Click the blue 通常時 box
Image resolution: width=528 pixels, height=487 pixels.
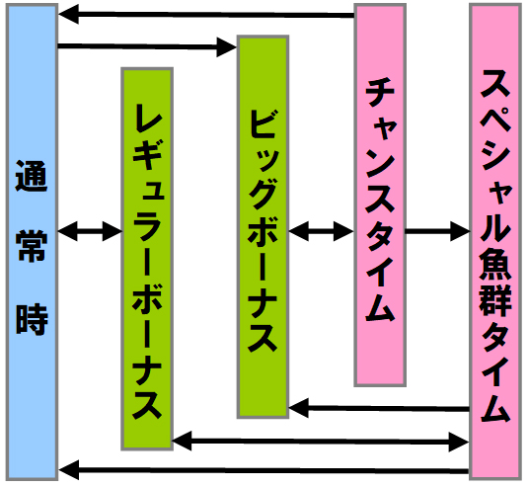click(x=32, y=242)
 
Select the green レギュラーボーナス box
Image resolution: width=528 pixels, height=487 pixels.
click(x=147, y=259)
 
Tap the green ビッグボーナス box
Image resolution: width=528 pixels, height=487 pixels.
click(x=263, y=226)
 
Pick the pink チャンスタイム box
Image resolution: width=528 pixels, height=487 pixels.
click(x=380, y=195)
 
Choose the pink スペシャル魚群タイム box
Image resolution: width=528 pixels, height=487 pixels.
click(x=495, y=242)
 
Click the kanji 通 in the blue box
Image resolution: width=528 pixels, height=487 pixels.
click(x=32, y=176)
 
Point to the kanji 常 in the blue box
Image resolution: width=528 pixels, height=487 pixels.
click(x=32, y=246)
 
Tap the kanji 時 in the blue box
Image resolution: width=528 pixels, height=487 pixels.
click(x=32, y=319)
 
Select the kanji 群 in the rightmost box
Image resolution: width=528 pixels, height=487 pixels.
click(x=495, y=300)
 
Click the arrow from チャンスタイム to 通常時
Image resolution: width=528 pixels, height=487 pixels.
click(x=206, y=15)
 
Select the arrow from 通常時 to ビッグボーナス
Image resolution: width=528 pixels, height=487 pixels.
click(x=147, y=46)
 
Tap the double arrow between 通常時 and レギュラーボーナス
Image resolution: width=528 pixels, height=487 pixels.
click(x=90, y=231)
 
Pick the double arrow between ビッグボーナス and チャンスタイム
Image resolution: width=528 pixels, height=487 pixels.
click(x=322, y=231)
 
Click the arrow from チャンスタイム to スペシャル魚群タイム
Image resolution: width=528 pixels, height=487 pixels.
click(x=437, y=231)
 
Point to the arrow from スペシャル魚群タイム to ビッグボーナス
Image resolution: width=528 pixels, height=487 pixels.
click(x=379, y=408)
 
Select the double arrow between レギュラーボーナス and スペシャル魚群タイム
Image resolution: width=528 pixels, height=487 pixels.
click(x=321, y=442)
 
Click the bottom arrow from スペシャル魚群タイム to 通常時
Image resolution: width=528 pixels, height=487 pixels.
click(x=264, y=470)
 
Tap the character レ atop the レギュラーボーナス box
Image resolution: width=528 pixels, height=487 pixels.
click(x=147, y=118)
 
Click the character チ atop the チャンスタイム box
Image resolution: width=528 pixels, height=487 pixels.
click(x=380, y=92)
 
